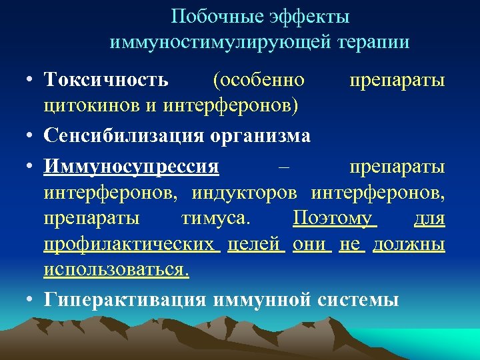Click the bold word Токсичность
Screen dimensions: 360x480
pyautogui.click(x=106, y=81)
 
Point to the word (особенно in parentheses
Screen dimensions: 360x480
pyautogui.click(x=259, y=81)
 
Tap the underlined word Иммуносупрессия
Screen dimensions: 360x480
pyautogui.click(x=131, y=166)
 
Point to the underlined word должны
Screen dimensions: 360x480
pyautogui.click(x=409, y=244)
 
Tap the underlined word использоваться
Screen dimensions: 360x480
pyautogui.click(x=117, y=269)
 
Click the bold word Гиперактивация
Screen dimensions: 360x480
pyautogui.click(x=126, y=299)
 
